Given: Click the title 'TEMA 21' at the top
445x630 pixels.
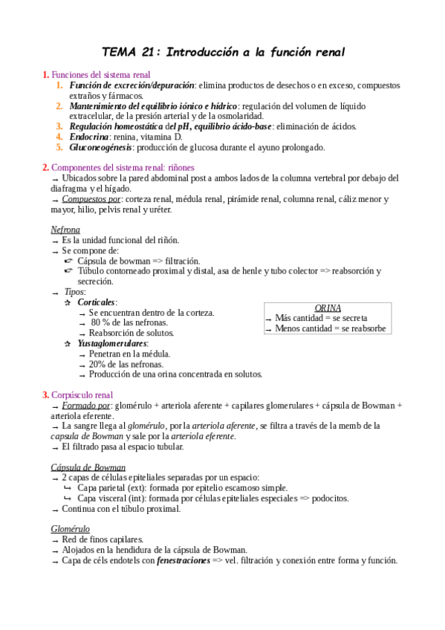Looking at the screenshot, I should point(130,52).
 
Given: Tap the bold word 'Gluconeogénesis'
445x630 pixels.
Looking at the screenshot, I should point(101,147).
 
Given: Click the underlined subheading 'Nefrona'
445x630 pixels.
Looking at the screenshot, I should point(65,230).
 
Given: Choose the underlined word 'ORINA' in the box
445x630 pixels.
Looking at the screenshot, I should point(328,308).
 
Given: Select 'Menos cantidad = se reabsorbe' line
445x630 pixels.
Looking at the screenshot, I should point(330,328).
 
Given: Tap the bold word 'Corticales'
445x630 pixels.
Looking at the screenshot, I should point(97,302).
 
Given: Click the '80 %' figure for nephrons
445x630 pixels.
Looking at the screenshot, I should point(100,322).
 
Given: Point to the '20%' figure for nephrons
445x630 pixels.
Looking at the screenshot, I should point(98,364).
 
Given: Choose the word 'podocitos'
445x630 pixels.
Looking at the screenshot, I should point(328,498).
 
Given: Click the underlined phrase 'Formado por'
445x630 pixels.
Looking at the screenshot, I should point(86,406).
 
